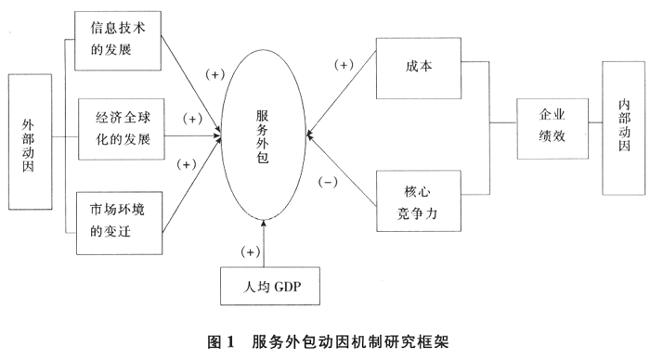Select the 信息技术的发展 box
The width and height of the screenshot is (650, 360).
[x=118, y=40]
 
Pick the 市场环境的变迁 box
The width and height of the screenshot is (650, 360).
[x=118, y=220]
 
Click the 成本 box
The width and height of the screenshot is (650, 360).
[x=417, y=67]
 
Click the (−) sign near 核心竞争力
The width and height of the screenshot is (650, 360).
[x=326, y=182]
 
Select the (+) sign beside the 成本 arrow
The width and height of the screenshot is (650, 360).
[x=343, y=66]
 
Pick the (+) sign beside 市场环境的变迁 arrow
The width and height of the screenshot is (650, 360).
[x=185, y=164]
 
